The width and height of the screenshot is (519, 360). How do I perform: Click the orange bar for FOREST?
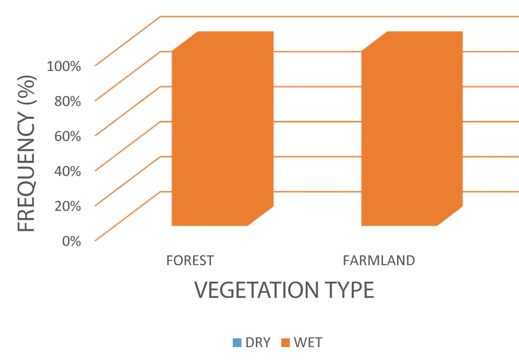point(223,129)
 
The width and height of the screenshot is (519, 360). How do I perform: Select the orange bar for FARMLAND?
point(412,129)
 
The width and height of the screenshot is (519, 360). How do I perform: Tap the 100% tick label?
point(64,66)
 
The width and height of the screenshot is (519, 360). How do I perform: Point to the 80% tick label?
point(67,101)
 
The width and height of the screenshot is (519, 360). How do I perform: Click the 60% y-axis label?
point(67,136)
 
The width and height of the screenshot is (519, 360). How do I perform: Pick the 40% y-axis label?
point(67,171)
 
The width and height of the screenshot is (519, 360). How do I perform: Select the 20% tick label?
point(67,206)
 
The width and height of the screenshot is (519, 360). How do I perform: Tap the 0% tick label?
point(72,241)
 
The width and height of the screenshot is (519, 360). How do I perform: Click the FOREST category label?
point(190,261)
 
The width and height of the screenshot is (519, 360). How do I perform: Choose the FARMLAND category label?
point(379,261)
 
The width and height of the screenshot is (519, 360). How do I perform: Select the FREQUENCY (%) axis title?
point(26,154)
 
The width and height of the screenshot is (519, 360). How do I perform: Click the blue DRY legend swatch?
point(237,343)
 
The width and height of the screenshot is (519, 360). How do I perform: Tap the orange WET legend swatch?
point(285,343)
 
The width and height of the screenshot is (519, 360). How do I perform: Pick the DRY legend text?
point(258,343)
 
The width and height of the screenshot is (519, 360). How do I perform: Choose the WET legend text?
point(308,343)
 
